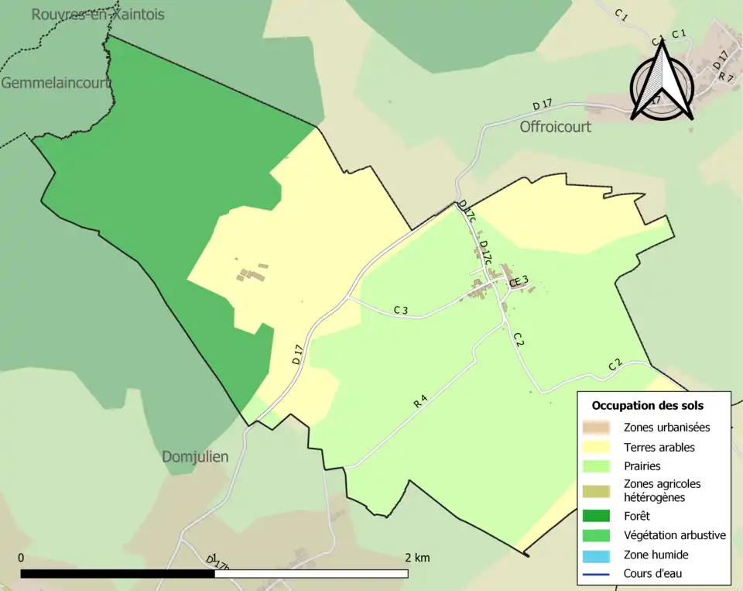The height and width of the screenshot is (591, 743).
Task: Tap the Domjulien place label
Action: tap(195, 457)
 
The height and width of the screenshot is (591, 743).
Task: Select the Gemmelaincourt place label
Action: tap(56, 83)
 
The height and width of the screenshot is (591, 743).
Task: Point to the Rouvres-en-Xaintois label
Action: tap(98, 15)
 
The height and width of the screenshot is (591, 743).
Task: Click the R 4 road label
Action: tap(420, 402)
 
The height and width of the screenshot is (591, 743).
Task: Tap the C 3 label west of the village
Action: tap(400, 311)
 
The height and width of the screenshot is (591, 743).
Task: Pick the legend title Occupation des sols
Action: tap(647, 405)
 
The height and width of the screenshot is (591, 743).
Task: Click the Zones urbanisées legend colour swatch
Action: tap(596, 427)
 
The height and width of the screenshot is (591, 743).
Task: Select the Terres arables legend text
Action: tap(659, 447)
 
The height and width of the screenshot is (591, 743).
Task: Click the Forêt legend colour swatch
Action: tap(596, 515)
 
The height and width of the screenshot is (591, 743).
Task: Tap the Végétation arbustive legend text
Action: tap(674, 535)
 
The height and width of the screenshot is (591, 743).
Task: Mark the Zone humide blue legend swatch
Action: tap(596, 555)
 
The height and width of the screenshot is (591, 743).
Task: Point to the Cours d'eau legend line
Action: tap(596, 574)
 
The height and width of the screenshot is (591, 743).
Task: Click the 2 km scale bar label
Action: tap(416, 558)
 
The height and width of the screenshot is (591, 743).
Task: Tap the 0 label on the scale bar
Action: tap(21, 558)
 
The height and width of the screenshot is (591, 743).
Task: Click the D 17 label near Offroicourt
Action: tap(542, 105)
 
